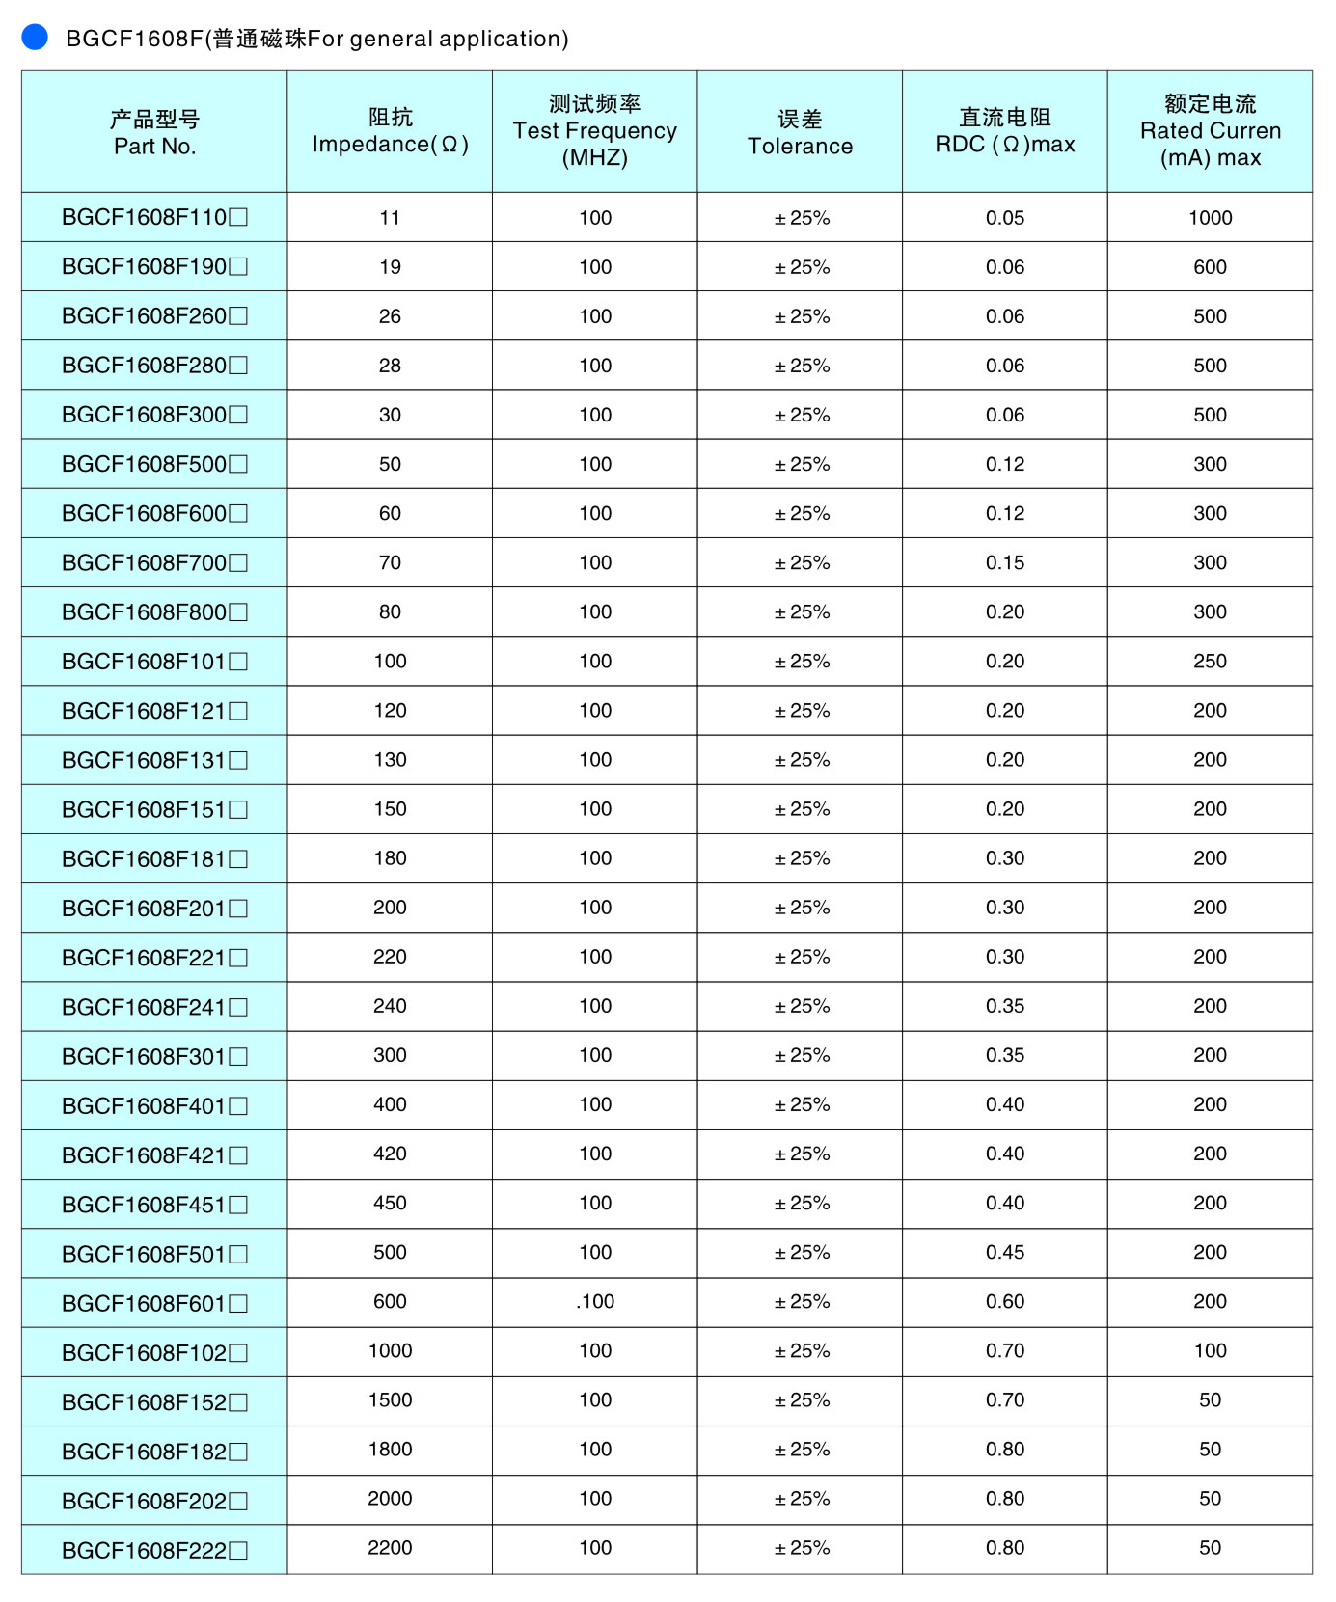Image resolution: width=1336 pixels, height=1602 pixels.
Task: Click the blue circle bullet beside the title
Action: coord(35,37)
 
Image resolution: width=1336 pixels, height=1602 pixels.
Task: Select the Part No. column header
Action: coord(154,132)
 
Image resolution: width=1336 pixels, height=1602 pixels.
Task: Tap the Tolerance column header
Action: coord(800,132)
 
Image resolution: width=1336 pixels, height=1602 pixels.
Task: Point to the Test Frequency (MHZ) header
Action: coord(594,131)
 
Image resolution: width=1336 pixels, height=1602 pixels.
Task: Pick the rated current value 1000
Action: coord(1210,218)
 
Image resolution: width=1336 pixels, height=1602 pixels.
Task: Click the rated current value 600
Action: coord(1210,267)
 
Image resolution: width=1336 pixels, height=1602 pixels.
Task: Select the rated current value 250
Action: coord(1210,662)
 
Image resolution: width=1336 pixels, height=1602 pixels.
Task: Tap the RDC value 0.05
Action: coord(1004,218)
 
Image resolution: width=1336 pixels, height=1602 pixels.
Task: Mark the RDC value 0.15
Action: coord(1004,563)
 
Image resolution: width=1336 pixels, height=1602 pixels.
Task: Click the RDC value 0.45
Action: coord(1004,1253)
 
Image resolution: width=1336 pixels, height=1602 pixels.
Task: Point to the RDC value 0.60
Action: coord(1004,1302)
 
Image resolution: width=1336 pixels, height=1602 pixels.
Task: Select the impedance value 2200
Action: coord(390,1548)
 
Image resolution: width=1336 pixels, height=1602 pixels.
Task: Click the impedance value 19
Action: coord(390,267)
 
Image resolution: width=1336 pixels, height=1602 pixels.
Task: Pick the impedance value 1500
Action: coord(390,1400)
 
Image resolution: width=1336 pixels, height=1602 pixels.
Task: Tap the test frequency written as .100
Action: coord(594,1302)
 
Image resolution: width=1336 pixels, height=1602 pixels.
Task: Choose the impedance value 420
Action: coord(390,1154)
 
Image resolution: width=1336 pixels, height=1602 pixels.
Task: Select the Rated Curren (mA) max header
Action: coord(1210,131)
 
